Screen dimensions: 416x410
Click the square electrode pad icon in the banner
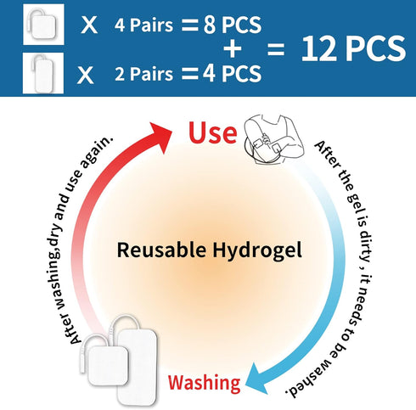coord(43,25)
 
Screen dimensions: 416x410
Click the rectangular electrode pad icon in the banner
coord(43,73)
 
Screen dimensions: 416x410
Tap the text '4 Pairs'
coord(143,25)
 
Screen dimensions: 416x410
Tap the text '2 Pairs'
coord(143,74)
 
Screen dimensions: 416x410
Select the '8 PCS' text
coord(233,25)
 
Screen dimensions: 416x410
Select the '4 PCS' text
coord(232,74)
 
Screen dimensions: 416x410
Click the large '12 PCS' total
coord(353,48)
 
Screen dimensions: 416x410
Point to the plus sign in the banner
coord(233,49)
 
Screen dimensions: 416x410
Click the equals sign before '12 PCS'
coord(276,49)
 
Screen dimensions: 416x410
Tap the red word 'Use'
coord(213,132)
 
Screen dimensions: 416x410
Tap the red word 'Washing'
coord(205,383)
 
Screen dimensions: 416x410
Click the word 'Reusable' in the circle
coord(161,250)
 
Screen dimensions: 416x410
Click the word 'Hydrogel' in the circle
coord(257,251)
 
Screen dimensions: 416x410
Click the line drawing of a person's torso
coord(273,139)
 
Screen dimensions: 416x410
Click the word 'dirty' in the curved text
coord(366,243)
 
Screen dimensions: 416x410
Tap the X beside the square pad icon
coord(89,25)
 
